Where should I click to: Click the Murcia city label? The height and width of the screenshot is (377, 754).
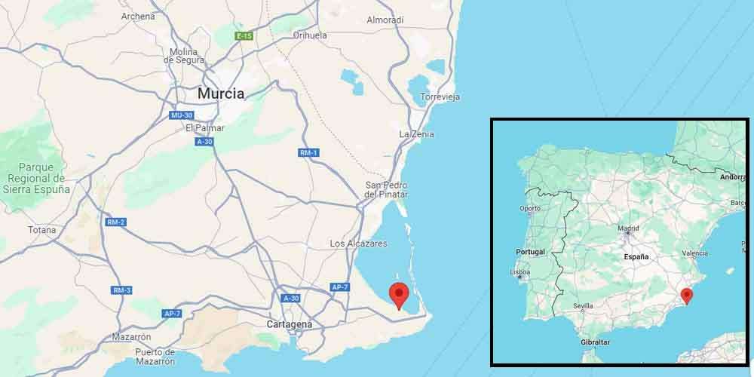click(x=220, y=94)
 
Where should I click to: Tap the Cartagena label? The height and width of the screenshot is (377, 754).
click(x=290, y=324)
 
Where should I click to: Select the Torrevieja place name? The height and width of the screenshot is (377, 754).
click(x=440, y=97)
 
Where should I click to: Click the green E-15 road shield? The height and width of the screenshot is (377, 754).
click(x=244, y=35)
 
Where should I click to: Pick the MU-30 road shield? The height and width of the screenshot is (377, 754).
click(x=181, y=115)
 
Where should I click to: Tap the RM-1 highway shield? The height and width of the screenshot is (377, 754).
click(x=308, y=153)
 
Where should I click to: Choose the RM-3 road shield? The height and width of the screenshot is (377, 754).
click(x=121, y=290)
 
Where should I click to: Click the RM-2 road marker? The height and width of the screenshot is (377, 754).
click(x=115, y=222)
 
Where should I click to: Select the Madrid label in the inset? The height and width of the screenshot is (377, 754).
click(x=628, y=228)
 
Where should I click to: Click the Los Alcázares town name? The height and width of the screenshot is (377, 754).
click(x=358, y=244)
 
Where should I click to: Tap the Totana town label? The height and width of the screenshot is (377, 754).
click(x=41, y=230)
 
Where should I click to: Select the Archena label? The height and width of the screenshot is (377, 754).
click(x=138, y=16)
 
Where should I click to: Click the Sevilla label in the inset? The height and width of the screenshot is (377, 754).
click(x=583, y=306)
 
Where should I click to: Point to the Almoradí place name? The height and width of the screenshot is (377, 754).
click(x=385, y=20)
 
